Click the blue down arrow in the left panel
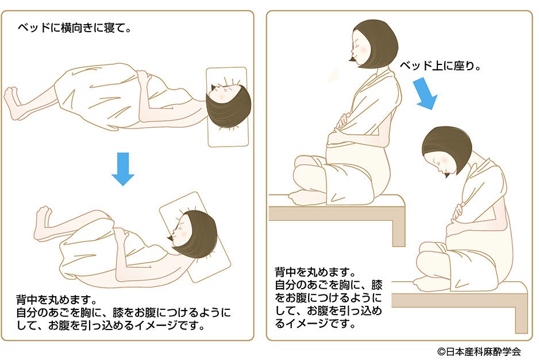coord(123,168)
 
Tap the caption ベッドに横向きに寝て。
coord(75,28)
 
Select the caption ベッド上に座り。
coord(440,66)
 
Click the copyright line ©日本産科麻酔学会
coord(479,351)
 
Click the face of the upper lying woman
coord(220,94)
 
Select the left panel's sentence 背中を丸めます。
coord(57,300)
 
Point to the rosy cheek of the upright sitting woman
coord(362,50)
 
